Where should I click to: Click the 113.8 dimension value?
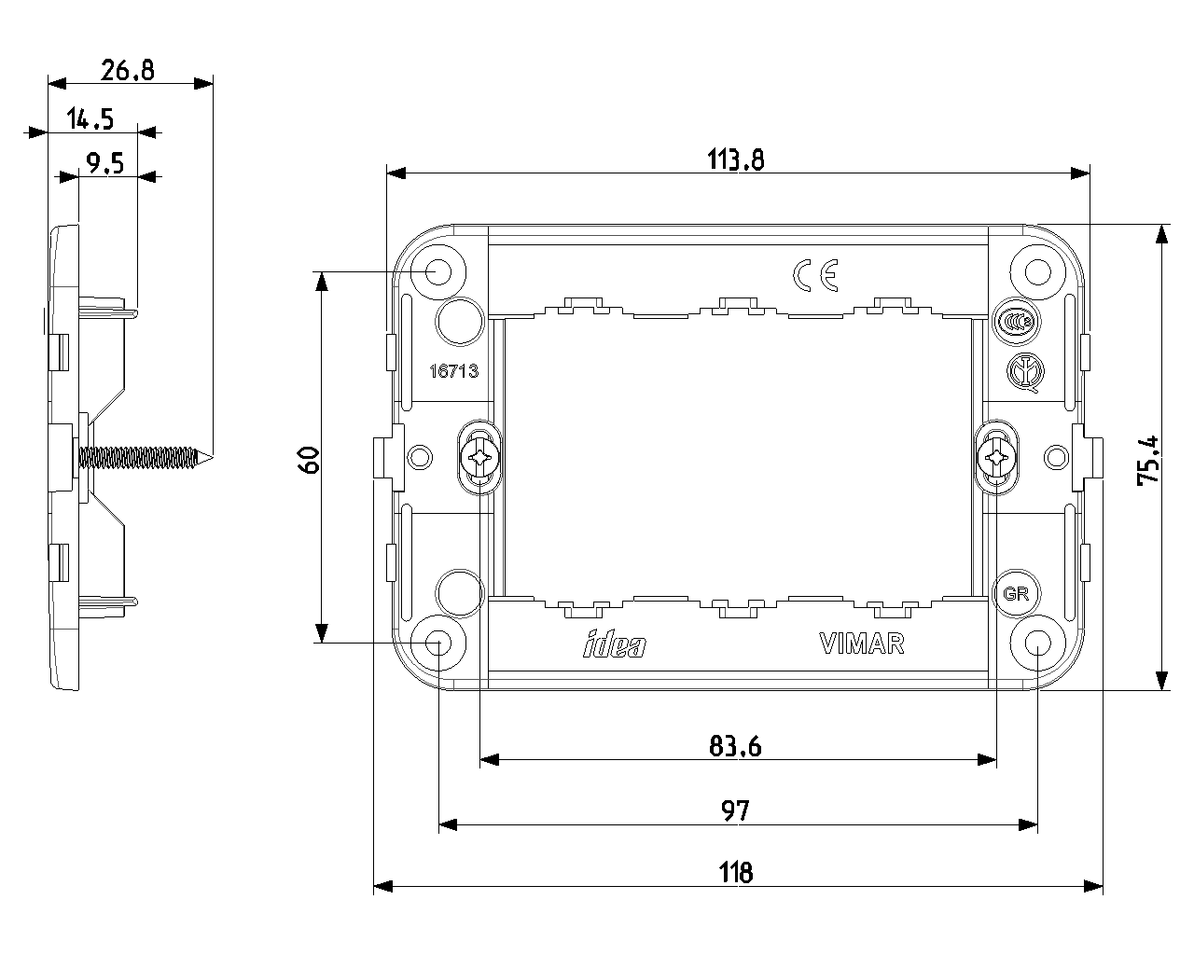coord(736,160)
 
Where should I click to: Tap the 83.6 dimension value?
coord(736,746)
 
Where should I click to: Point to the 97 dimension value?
coord(736,810)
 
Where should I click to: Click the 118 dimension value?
coord(736,874)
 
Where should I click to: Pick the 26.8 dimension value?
coord(128,70)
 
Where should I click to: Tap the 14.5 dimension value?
coord(90,118)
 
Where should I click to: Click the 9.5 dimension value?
coord(104,164)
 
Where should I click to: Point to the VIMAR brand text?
coord(861,644)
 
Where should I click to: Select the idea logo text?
coord(614,644)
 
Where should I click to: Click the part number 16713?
coord(452,371)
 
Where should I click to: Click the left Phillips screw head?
coord(480,458)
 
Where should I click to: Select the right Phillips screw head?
coord(995,458)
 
